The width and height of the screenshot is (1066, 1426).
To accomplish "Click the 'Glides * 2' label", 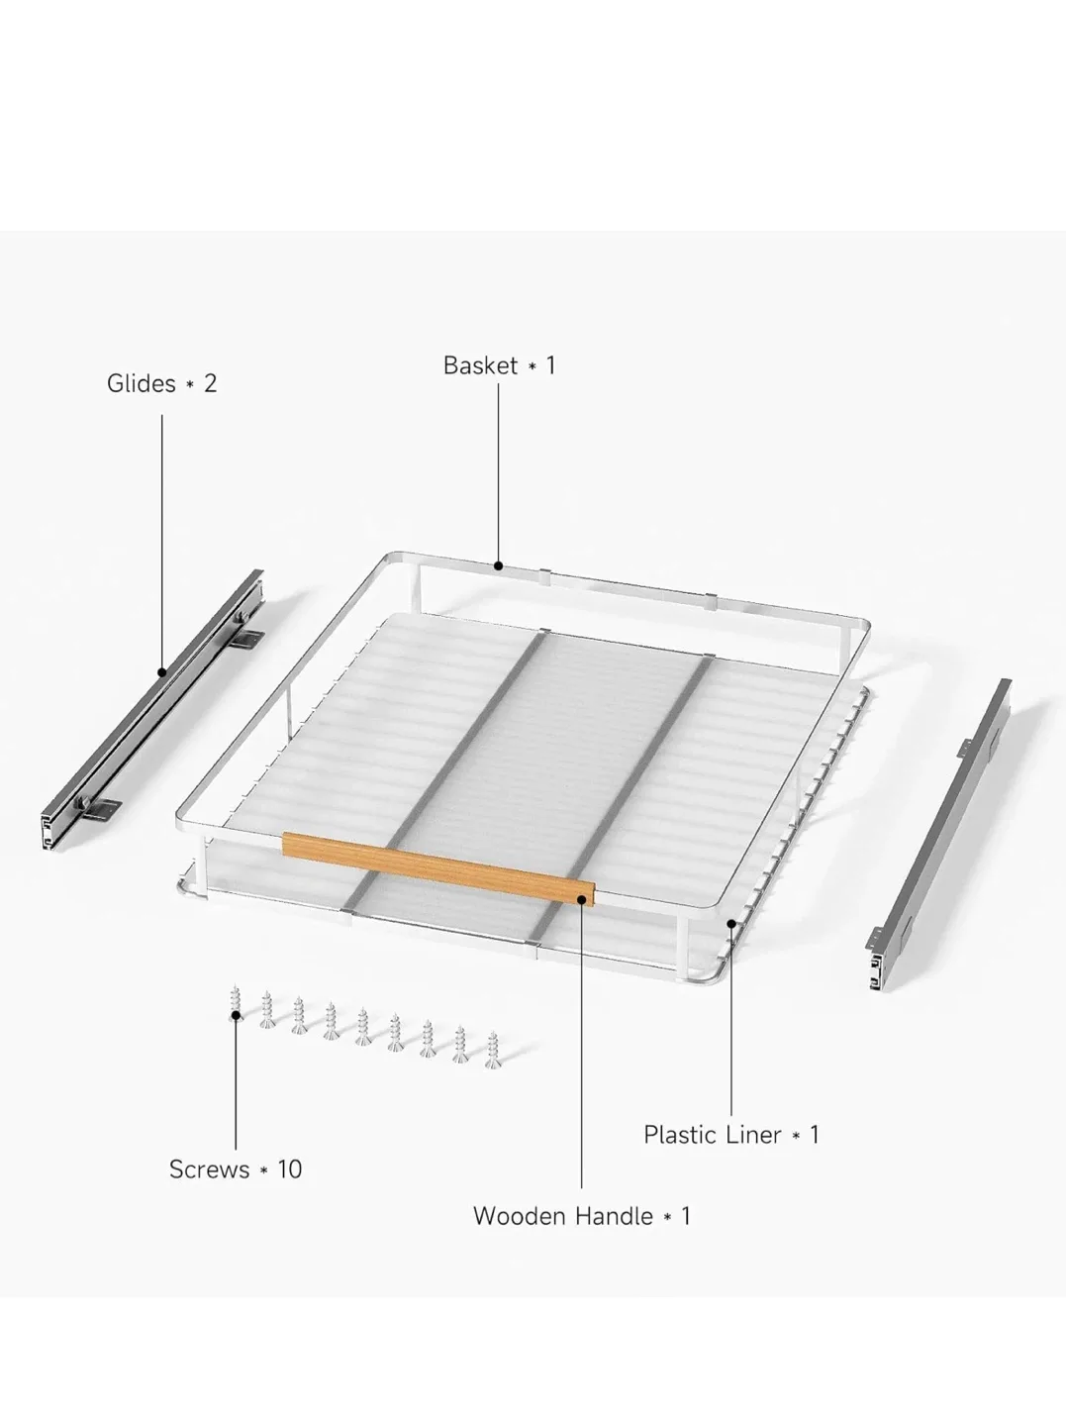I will click(161, 384).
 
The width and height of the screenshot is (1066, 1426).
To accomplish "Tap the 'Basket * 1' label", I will click(499, 366).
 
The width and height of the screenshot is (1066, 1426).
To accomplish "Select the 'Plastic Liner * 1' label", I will click(731, 1135).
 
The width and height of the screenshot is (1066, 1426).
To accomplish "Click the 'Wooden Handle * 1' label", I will click(581, 1216).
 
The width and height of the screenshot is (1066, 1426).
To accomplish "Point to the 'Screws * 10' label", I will click(236, 1170).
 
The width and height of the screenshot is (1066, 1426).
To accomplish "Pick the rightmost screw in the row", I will click(492, 1051).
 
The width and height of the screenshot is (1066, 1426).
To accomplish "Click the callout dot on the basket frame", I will click(498, 566).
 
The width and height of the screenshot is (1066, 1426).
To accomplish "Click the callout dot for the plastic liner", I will click(731, 923).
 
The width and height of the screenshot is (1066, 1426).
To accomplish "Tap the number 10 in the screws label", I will click(289, 1170).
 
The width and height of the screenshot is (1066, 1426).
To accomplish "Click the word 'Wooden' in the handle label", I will click(514, 1216).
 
